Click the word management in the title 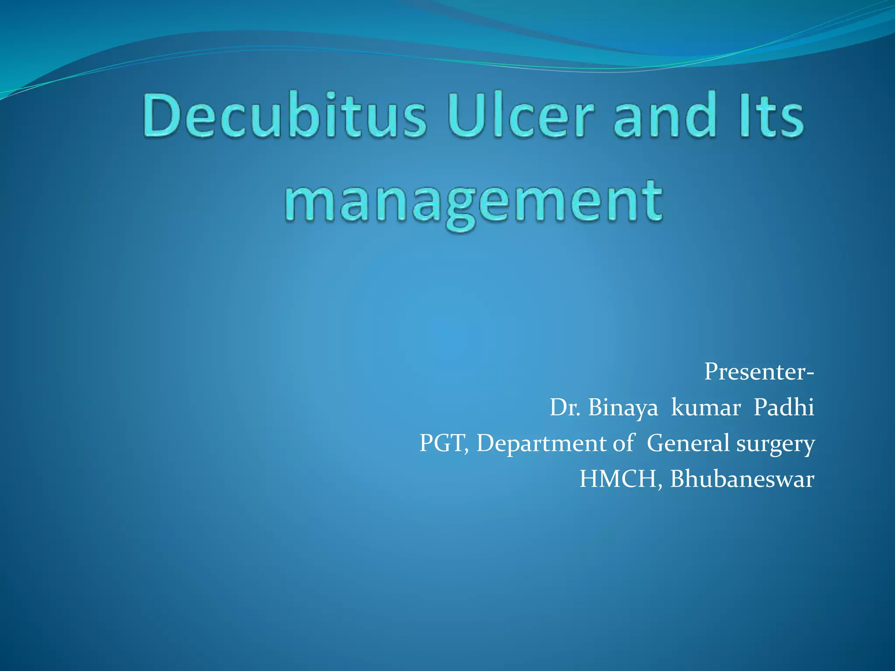point(474,202)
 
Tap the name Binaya point(623,408)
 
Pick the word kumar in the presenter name point(705,408)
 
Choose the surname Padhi point(784,408)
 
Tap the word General point(688,443)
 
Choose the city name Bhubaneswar point(742,479)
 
